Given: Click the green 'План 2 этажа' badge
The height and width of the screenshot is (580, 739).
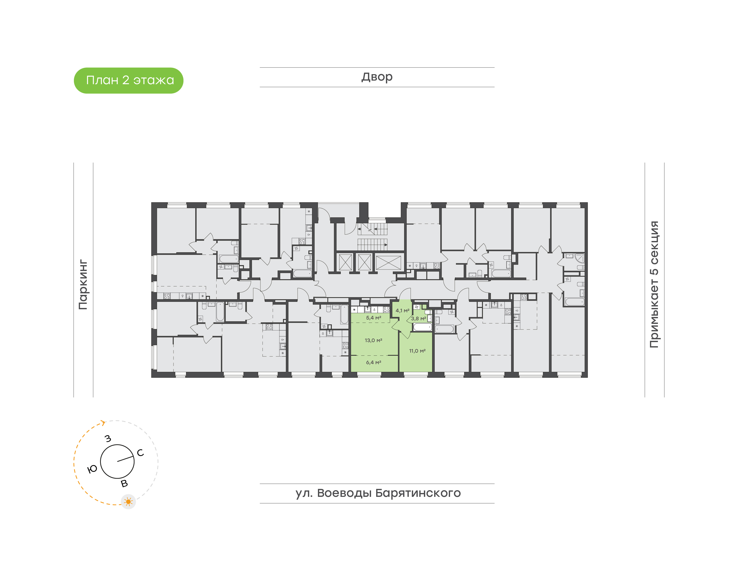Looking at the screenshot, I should pos(128,81).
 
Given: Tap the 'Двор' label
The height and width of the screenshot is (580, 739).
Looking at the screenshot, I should pos(377,77).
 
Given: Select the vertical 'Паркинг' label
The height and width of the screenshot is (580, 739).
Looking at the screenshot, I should pos(83,285).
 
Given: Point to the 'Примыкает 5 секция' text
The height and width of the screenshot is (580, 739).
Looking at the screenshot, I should pos(654,285).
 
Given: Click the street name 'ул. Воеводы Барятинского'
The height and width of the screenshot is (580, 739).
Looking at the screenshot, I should pos(378,493).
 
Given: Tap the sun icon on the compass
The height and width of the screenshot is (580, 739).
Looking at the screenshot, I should pos(128,501).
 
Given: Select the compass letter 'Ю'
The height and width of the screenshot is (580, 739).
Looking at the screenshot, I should pos(92,469).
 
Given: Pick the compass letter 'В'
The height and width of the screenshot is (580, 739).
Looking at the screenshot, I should pos(124,484).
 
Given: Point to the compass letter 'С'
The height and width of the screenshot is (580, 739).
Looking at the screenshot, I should pos(140,453).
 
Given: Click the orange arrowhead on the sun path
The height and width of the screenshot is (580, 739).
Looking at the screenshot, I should pos(103,423).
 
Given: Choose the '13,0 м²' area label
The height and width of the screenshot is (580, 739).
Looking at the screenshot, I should pos(373,340).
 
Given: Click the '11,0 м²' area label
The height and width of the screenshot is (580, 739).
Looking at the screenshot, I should pos(417,351).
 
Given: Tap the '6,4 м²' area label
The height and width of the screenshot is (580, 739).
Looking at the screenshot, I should pos(373,362).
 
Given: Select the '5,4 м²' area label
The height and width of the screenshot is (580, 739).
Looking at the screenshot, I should pos(373,318).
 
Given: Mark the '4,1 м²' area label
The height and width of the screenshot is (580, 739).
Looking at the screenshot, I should pos(402,310).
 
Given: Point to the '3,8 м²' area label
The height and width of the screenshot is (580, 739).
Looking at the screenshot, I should pos(418,318).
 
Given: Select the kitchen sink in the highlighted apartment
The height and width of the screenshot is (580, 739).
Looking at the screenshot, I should pos(367,309).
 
